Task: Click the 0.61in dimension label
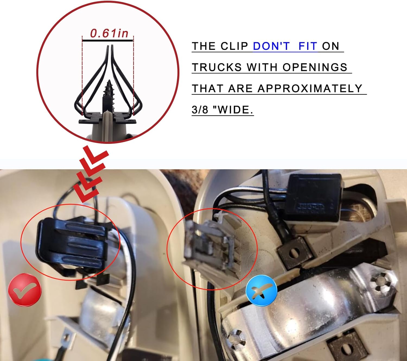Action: [109, 33]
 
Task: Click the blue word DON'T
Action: [271, 46]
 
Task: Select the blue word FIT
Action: [308, 46]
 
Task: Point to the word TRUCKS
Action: [217, 67]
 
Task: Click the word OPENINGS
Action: [315, 67]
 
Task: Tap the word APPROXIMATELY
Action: [310, 88]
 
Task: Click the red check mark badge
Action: [25, 290]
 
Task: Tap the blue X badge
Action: [262, 291]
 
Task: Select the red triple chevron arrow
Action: [91, 174]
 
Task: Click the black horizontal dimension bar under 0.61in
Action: [108, 41]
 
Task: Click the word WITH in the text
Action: [262, 67]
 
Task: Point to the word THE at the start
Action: [203, 46]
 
